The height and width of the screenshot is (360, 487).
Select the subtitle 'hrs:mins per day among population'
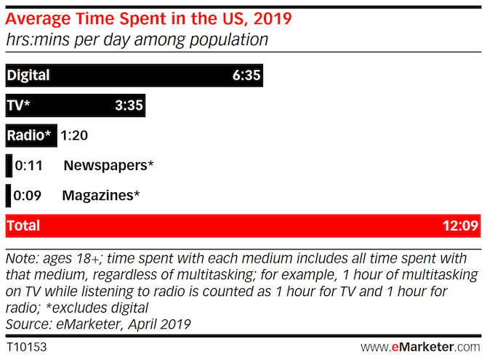137,39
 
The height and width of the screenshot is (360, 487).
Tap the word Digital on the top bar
28,75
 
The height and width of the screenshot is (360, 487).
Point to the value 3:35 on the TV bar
129,105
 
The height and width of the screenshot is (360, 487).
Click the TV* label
19,105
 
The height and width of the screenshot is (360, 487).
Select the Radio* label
30,135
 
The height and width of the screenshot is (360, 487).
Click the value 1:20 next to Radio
74,135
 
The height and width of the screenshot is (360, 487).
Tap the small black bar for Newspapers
8,166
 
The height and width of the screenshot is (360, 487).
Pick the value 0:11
29,166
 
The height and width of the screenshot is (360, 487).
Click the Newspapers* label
108,166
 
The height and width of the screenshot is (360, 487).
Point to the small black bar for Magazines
8,196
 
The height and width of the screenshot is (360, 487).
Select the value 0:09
29,196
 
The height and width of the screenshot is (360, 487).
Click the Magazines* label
101,196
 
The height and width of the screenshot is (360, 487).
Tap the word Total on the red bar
23,226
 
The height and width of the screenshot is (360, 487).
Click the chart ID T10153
26,347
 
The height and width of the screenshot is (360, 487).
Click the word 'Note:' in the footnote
20,259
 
